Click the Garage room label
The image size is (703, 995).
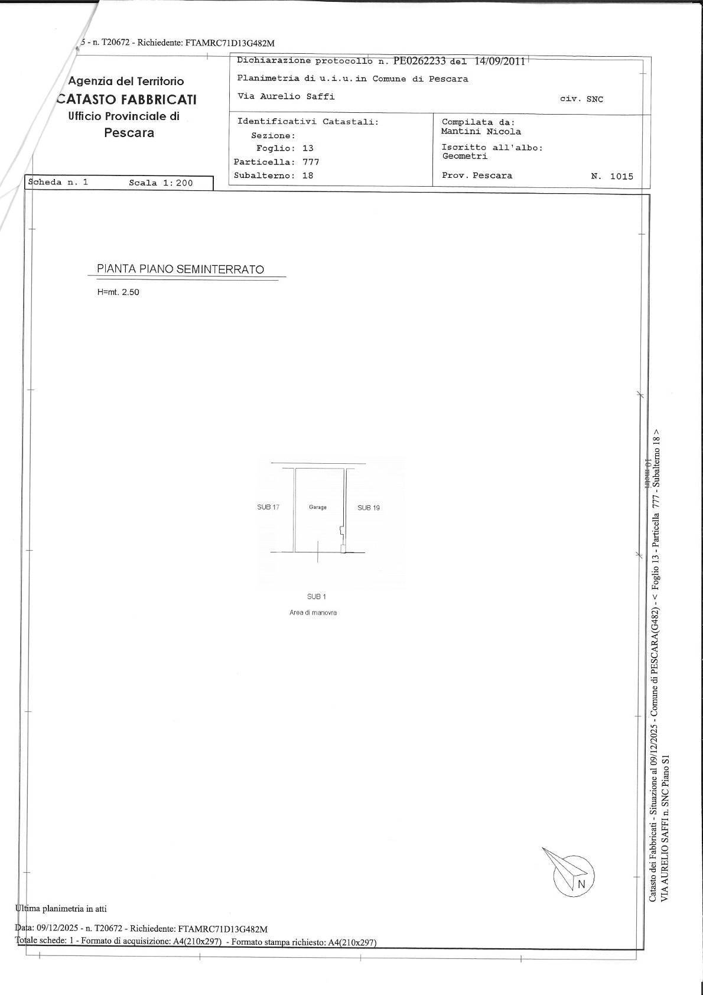(x=317, y=507)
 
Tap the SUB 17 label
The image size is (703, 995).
(x=268, y=507)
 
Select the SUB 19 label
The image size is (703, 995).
(x=369, y=508)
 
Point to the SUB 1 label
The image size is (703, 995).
(x=317, y=597)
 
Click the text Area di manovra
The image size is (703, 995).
(x=313, y=613)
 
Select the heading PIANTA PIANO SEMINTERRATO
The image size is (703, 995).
(x=180, y=269)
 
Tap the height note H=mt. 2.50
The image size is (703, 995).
(x=118, y=292)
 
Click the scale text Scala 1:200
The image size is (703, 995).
(x=161, y=183)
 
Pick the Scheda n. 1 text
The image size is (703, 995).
(x=58, y=182)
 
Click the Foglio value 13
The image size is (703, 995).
(x=308, y=148)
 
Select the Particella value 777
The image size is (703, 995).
(x=311, y=162)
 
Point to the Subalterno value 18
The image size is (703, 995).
(x=308, y=175)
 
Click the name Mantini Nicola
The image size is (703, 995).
(x=481, y=132)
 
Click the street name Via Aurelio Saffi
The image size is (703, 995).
(x=286, y=96)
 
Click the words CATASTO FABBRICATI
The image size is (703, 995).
(x=126, y=99)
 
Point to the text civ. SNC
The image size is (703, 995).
(x=581, y=99)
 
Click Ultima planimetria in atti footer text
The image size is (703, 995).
(x=61, y=909)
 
